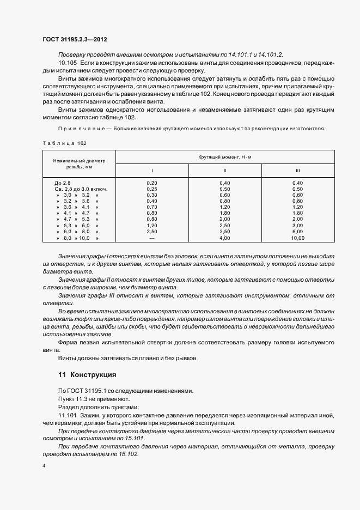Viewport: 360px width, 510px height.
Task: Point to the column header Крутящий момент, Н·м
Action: [225, 157]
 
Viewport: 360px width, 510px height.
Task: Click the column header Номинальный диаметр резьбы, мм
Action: [79, 164]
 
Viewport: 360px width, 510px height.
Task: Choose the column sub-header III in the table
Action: [297, 171]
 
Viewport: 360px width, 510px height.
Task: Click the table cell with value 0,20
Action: [152, 182]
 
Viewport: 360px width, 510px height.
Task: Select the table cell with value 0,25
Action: [152, 189]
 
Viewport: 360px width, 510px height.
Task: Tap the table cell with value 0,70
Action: [152, 208]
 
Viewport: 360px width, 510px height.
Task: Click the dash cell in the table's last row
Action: [152, 238]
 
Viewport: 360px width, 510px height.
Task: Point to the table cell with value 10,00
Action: [297, 238]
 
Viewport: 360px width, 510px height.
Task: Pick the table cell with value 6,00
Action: [297, 232]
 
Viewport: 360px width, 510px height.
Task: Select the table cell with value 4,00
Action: [224, 238]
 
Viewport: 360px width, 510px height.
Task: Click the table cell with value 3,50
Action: [224, 232]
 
